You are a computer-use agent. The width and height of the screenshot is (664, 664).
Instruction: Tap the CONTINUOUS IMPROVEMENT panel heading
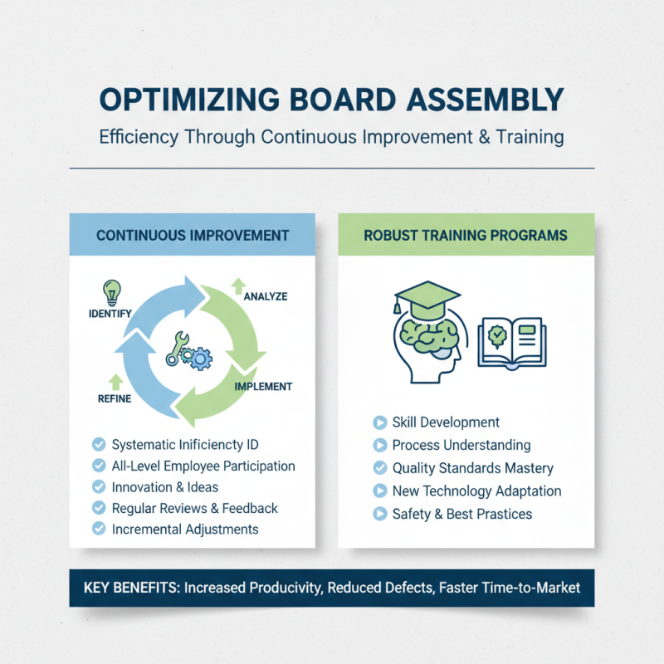click(193, 235)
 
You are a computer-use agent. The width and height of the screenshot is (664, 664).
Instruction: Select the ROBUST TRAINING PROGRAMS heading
click(466, 235)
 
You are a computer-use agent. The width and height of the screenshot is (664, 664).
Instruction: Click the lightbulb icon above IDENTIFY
click(110, 292)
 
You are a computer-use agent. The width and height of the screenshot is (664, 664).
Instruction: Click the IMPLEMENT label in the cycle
click(263, 387)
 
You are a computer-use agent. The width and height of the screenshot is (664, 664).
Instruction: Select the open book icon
click(510, 341)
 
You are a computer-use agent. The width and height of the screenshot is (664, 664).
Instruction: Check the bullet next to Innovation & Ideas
click(99, 486)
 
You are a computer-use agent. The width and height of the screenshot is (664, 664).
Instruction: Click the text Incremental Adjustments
click(185, 530)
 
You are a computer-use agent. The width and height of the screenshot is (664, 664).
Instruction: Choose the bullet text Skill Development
click(446, 422)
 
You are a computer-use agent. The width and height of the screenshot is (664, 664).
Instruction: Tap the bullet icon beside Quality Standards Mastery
click(380, 468)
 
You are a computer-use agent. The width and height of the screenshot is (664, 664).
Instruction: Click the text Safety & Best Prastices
click(462, 514)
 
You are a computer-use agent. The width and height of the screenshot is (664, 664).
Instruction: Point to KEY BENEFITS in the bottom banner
click(131, 588)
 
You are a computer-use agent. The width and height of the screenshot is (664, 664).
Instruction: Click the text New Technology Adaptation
click(476, 491)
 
